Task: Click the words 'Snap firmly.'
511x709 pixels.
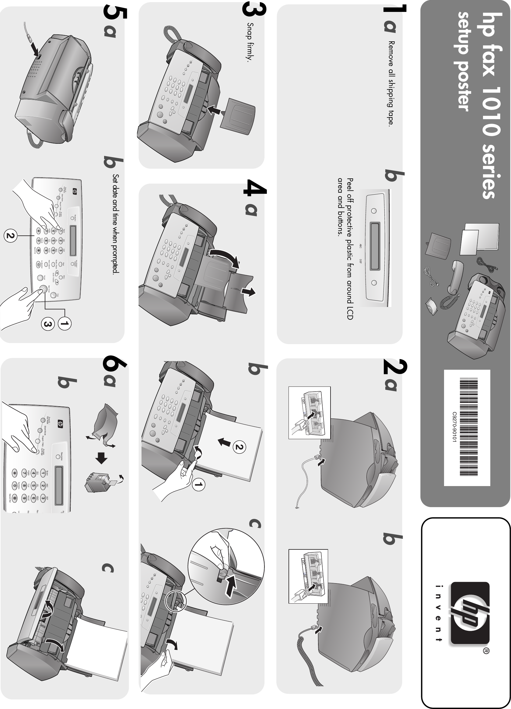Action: pyautogui.click(x=250, y=42)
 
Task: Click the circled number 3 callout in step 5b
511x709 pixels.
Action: pyautogui.click(x=47, y=324)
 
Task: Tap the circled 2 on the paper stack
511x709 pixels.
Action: pyautogui.click(x=239, y=447)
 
